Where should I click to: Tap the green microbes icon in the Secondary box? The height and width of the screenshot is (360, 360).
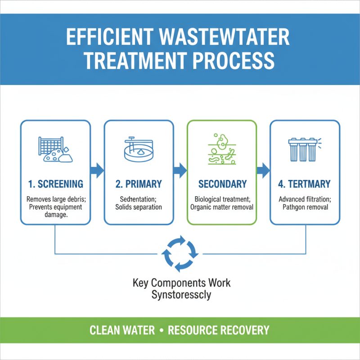(221, 148)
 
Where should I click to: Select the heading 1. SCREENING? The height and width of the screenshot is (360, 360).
(54, 184)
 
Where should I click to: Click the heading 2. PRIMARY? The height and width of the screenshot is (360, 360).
(138, 184)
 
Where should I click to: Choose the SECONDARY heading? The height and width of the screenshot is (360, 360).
(222, 184)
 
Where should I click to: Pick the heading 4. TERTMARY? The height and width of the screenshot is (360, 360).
(305, 184)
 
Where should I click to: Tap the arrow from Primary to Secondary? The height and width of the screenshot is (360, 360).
(180, 170)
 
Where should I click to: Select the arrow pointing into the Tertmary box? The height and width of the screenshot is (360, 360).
(263, 170)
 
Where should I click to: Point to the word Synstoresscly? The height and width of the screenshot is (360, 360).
(181, 295)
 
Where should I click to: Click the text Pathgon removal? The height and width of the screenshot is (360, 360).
(305, 207)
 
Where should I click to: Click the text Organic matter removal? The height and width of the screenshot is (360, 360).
(222, 207)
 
